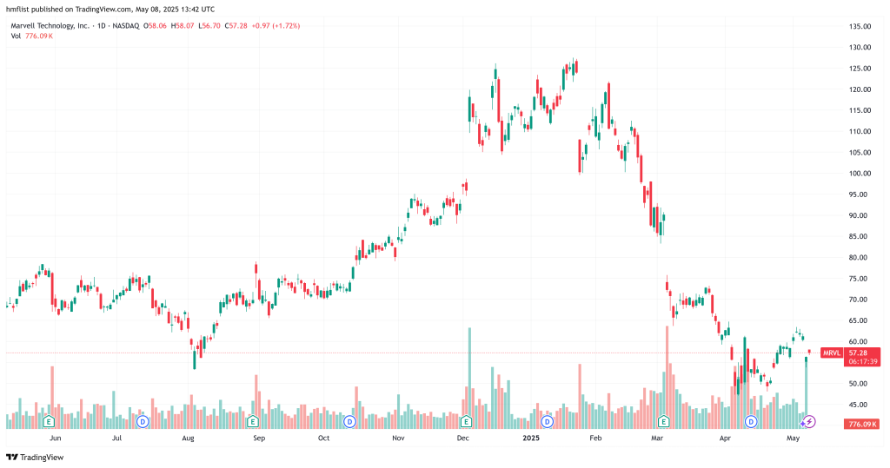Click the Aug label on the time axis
pos(188,439)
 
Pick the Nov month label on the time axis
pos(398,439)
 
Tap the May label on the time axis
pos(793,439)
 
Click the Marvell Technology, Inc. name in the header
pos(49,26)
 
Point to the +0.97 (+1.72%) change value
pos(276,26)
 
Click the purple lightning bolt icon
pos(809,421)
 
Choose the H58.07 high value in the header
pos(183,26)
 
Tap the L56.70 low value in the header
pos(209,26)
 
